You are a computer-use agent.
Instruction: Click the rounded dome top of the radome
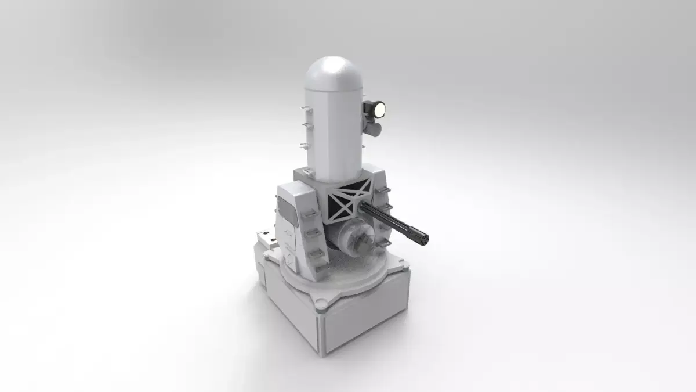pos(332,70)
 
